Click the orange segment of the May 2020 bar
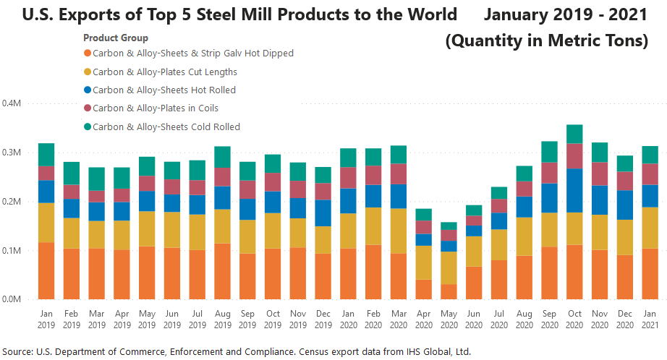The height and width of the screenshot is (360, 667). point(450,291)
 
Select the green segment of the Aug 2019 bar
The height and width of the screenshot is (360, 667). point(223,157)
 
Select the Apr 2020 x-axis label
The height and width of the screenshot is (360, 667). point(424,320)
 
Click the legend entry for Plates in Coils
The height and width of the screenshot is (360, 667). point(156,108)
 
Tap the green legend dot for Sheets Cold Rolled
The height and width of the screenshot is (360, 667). point(88,127)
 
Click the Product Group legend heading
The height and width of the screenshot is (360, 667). point(116,38)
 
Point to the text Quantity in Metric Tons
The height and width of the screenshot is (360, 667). point(546,41)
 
